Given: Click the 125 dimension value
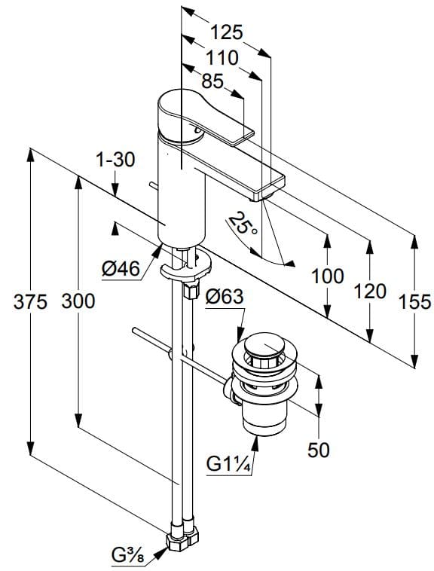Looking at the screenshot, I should (x=226, y=32).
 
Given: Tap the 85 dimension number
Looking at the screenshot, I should (x=212, y=81).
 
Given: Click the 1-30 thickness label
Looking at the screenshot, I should (x=115, y=159).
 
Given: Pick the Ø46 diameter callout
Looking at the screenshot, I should (x=121, y=268).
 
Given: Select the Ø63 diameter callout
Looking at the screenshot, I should (x=224, y=298).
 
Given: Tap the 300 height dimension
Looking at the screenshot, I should (x=78, y=302).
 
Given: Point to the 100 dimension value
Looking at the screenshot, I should (x=328, y=276).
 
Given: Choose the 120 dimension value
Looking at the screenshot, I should (x=370, y=292).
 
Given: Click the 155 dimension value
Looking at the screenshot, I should (x=414, y=302).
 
